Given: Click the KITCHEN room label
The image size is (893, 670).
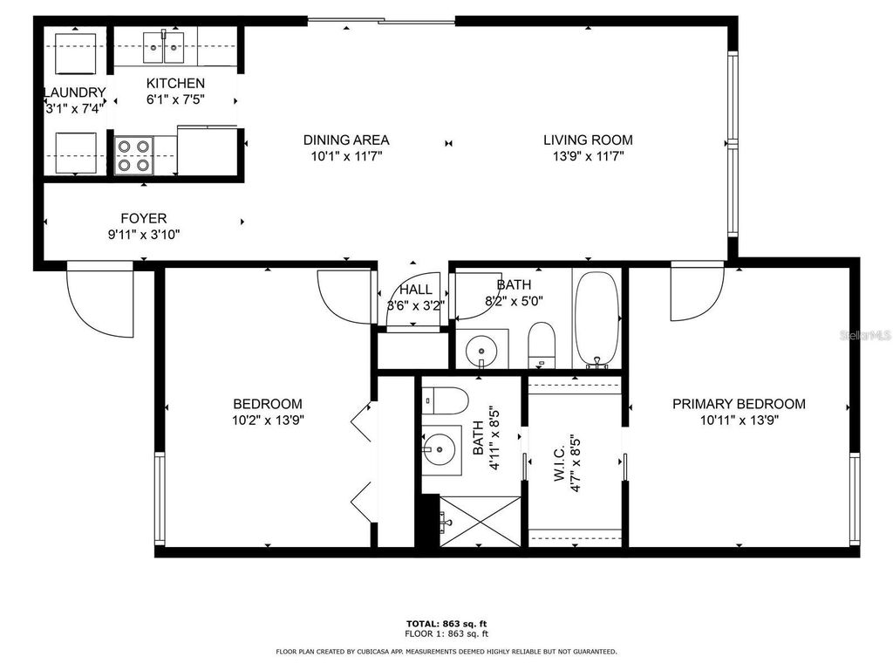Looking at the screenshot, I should point(175,83).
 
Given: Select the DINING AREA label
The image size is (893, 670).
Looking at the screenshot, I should point(345,140).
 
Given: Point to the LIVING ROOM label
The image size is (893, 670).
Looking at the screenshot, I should point(588,140).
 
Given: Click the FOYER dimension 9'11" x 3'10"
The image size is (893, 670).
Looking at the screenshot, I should point(143,234).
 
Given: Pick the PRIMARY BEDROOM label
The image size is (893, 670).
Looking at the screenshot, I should point(738,404).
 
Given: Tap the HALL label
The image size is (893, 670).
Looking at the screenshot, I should point(416,290).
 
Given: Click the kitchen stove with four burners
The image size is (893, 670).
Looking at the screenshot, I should point(134,155).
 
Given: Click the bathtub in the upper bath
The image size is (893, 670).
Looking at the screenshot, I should point(596,318).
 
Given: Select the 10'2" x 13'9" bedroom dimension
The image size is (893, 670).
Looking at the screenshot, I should point(268,420).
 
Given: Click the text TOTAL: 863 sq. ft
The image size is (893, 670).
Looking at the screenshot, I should point(446,623).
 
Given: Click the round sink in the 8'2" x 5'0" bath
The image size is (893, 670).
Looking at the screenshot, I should point(480,352).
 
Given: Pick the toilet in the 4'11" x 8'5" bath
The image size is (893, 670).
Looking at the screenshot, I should point(445,400).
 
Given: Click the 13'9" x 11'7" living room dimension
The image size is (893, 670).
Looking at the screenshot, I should point(588,157).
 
